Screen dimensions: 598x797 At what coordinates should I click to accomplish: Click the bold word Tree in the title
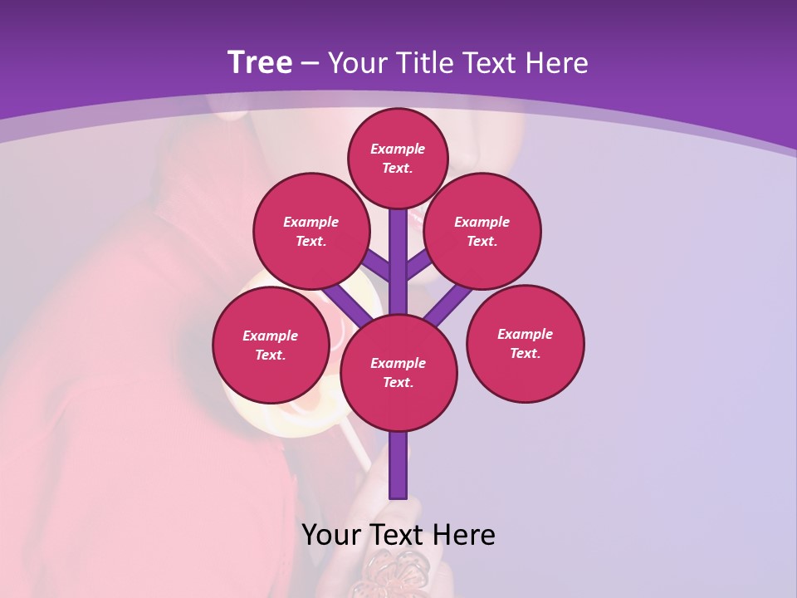260,62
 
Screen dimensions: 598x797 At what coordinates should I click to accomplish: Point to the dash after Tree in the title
310,64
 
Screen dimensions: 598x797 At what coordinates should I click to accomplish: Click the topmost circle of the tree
398,158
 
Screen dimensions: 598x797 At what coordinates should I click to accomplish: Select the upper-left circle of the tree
310,231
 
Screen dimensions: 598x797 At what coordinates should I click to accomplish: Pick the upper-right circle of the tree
482,231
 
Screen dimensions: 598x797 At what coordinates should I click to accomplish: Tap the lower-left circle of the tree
271,345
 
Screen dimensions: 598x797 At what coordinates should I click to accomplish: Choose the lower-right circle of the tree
525,343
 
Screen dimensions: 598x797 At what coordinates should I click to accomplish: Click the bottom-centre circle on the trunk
398,372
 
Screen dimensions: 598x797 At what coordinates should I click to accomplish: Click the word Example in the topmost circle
398,149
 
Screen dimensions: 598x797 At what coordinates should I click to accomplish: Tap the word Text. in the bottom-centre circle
398,383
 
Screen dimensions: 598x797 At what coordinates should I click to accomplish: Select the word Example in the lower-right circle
525,334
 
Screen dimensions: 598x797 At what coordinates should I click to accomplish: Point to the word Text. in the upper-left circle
310,242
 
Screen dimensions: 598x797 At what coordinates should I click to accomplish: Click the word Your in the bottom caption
330,535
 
